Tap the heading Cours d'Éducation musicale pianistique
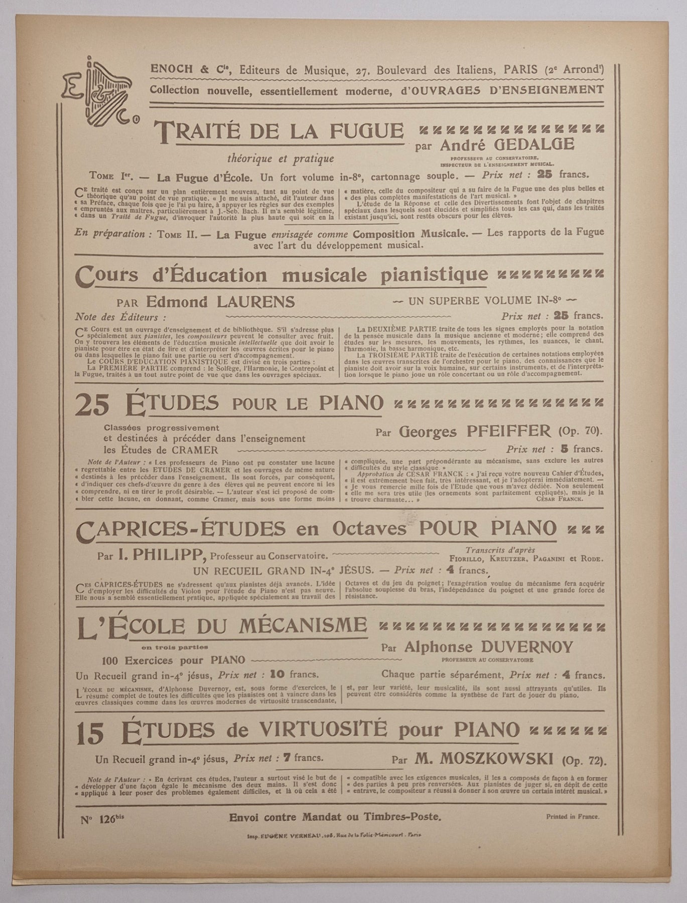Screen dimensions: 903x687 point(281,274)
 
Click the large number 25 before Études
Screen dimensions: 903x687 point(92,405)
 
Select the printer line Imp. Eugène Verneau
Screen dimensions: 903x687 point(334,836)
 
